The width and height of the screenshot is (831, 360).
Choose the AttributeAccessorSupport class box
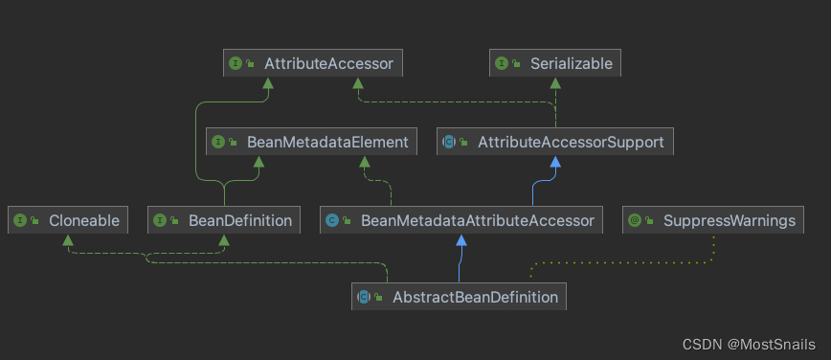(556, 142)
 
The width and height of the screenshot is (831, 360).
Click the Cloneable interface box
(68, 220)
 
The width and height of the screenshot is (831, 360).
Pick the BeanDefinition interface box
(225, 220)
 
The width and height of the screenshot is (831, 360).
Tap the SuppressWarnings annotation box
(714, 220)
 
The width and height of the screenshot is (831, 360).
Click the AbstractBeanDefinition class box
(459, 297)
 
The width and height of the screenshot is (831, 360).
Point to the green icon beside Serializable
(502, 64)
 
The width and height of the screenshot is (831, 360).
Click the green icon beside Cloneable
(19, 220)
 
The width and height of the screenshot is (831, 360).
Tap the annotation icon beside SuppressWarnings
(634, 220)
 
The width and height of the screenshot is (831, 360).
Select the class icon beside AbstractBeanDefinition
(364, 297)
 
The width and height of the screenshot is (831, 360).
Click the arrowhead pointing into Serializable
(556, 84)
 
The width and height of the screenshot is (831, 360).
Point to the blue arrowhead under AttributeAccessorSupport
(556, 162)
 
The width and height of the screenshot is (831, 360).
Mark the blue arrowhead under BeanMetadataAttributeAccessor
(462, 240)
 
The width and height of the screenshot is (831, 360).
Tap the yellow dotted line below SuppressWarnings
(622, 261)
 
